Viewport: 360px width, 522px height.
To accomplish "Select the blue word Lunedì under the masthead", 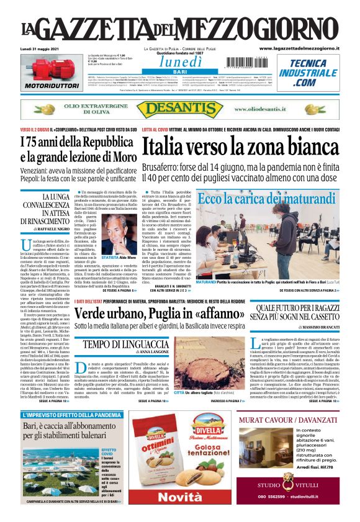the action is [x=180, y=61].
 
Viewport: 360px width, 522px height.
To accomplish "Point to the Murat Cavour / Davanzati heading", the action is [x=288, y=421].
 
